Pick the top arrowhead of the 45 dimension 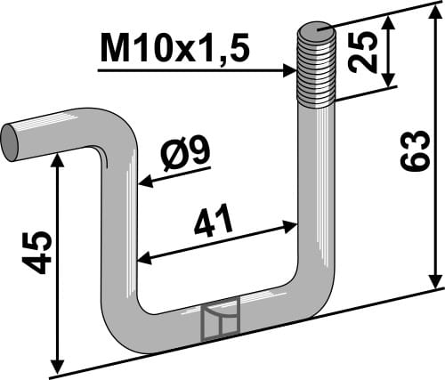click(x=58, y=157)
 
